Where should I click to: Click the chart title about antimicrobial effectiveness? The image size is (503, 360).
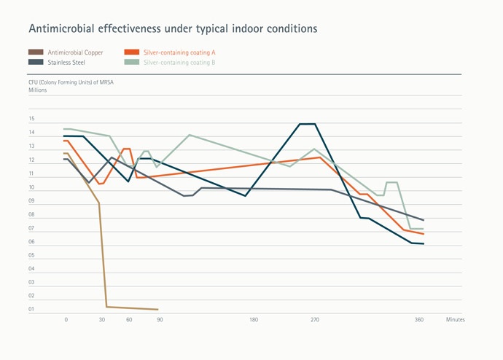(x=173, y=29)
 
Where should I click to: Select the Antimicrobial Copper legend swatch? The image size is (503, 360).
(x=35, y=52)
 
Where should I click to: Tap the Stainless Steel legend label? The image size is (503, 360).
(x=66, y=63)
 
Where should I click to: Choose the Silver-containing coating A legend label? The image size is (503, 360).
(x=179, y=52)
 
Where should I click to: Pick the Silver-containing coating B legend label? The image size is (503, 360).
(x=179, y=63)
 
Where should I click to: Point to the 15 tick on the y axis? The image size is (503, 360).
(x=31, y=119)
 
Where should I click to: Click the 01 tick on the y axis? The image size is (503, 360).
(x=31, y=310)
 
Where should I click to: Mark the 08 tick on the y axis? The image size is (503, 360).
(x=31, y=214)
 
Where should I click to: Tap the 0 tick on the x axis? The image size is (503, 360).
(x=66, y=320)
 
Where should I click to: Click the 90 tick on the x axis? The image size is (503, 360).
(x=160, y=320)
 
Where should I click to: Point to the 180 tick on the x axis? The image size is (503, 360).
(x=254, y=320)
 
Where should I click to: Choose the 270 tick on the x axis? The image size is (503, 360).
(x=315, y=320)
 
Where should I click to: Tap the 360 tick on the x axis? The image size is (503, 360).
(x=419, y=320)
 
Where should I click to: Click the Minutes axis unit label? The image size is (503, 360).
(x=456, y=320)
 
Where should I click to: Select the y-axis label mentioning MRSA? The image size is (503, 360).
(x=71, y=82)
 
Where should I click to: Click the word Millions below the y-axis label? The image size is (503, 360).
(x=38, y=90)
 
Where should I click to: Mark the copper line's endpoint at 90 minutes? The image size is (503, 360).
(x=158, y=310)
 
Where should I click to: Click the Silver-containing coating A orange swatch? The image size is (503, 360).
(x=132, y=52)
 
